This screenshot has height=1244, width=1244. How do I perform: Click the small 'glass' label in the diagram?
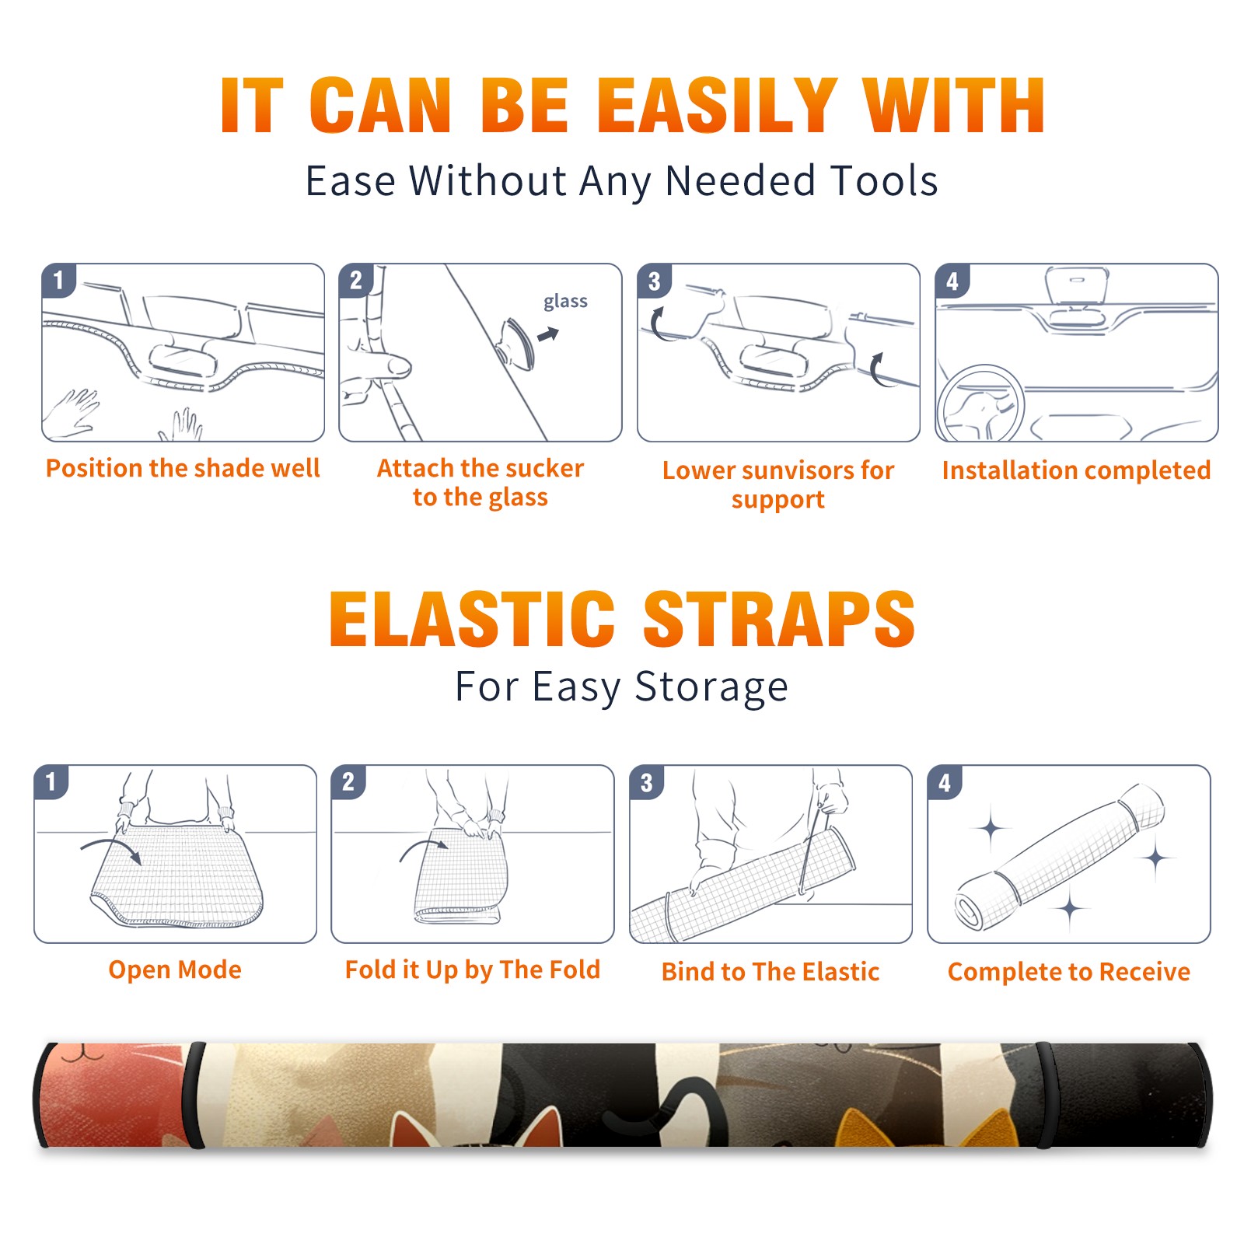[565, 302]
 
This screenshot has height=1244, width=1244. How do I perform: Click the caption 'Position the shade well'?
[183, 468]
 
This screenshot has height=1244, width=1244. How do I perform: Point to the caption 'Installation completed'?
[1076, 470]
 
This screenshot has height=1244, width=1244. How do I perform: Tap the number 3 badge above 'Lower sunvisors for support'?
[654, 281]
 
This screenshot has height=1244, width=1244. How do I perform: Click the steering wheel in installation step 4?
[980, 404]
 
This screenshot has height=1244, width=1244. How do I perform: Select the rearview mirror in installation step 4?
[1077, 287]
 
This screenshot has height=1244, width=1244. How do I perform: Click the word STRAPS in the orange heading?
[779, 619]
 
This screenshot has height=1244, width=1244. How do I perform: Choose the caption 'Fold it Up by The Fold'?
[473, 970]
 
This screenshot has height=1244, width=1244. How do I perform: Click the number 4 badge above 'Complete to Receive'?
[945, 782]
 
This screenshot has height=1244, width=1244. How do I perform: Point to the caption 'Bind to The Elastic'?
[771, 972]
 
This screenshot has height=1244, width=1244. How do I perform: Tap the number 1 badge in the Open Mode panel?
[51, 781]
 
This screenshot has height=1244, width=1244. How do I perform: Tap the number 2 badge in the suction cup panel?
[356, 281]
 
